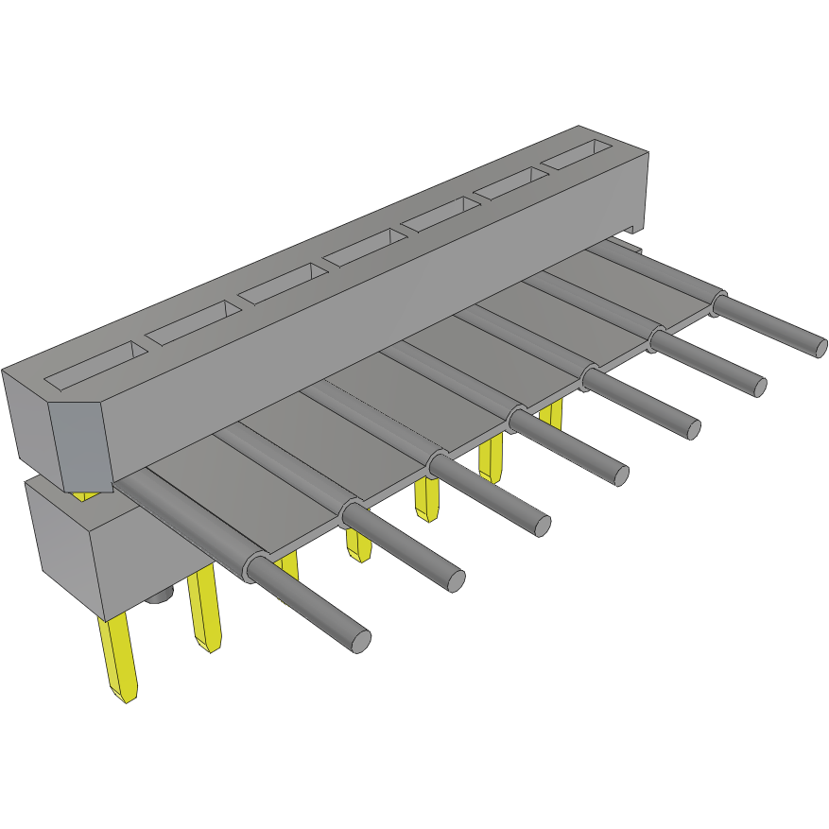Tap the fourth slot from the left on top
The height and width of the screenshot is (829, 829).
363,248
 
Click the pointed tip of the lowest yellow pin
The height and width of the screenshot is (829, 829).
127,698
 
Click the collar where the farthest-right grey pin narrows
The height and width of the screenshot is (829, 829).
718,303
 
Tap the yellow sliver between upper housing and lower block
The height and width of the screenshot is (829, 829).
85,494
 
